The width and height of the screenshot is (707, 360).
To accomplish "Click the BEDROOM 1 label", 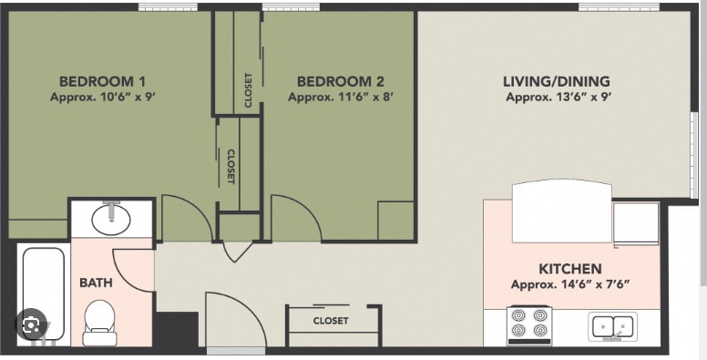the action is click(x=103, y=82).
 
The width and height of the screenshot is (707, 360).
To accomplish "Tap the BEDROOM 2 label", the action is click(x=341, y=82).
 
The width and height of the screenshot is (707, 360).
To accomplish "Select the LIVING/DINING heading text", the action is click(x=557, y=82).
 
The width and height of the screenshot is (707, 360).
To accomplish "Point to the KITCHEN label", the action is click(x=570, y=269).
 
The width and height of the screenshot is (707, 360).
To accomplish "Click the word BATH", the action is click(x=96, y=283).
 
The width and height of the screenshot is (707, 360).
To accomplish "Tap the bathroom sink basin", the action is click(x=111, y=220).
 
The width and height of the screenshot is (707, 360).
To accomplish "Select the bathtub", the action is click(x=44, y=293).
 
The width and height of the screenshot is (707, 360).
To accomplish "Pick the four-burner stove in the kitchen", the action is click(x=529, y=325).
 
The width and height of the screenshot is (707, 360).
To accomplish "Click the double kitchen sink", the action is click(x=613, y=326).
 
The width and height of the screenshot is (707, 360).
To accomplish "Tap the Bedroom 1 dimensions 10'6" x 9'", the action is click(x=103, y=97).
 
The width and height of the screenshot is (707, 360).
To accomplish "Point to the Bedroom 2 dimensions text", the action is click(x=341, y=97).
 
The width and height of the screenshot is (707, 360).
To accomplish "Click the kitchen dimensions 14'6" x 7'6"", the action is click(x=570, y=284).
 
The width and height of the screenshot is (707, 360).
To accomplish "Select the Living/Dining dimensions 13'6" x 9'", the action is click(x=558, y=97).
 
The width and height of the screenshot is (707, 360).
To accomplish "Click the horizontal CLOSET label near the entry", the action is click(x=331, y=321).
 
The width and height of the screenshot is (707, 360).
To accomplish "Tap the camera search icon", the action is click(x=31, y=324).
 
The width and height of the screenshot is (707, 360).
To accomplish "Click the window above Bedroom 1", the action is click(x=168, y=6).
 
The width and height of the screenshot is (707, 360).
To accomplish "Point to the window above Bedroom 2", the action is click(x=291, y=6).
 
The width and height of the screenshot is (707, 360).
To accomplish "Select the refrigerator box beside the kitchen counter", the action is click(x=636, y=224).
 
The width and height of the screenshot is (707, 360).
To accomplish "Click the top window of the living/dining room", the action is click(x=619, y=6).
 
